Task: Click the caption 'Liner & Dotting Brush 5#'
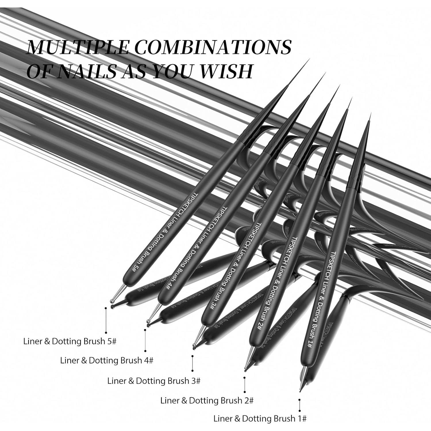(70, 341)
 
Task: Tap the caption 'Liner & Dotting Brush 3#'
(154, 381)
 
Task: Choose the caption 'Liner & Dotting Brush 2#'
(207, 400)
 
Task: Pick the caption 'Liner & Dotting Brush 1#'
(260, 419)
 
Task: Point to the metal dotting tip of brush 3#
(195, 345)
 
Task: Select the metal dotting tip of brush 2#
(246, 368)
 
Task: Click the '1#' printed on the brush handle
(310, 345)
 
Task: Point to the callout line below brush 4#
(145, 340)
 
